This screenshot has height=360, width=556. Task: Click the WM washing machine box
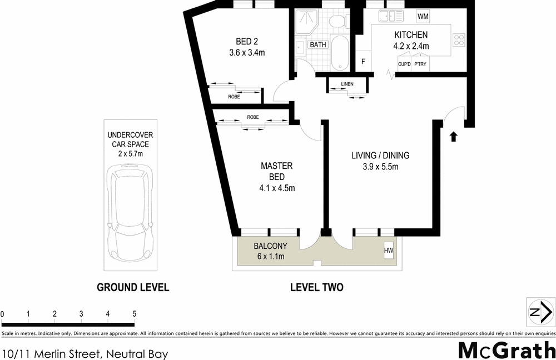coord(423,16)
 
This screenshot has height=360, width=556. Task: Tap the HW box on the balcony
coord(388,251)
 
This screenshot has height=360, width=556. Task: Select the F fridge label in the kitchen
coord(363,61)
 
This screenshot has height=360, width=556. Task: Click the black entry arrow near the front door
coord(454,136)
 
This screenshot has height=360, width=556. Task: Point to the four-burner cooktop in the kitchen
coord(459,39)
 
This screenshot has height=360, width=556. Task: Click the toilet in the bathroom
coord(336,21)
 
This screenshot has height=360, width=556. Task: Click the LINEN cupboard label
coord(348,84)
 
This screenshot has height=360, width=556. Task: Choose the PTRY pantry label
coord(420,64)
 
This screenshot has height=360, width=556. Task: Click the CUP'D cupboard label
coord(404,64)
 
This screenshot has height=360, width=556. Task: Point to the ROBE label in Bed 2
coord(234,97)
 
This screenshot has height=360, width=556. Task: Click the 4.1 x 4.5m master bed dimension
coord(277,188)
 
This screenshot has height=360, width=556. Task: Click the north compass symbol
coord(539,312)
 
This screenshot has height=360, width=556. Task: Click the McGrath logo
coord(506,350)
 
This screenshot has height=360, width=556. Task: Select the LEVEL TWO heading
coord(316,287)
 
